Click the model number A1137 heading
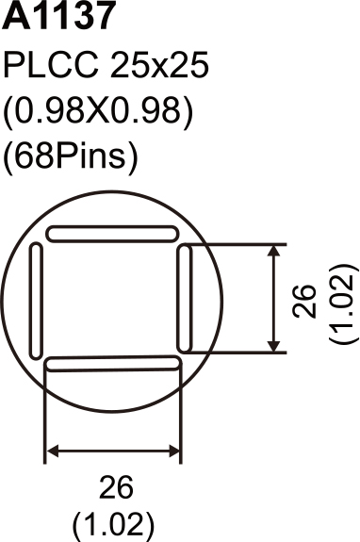[x=58, y=15]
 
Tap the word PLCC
[x=51, y=65]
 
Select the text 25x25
[x=159, y=65]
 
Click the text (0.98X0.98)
[x=97, y=111]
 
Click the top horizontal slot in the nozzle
[x=113, y=234]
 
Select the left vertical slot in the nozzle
[x=36, y=301]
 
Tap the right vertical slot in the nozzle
[x=184, y=299]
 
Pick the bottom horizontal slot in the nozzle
[x=113, y=364]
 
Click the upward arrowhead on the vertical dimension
[x=274, y=251]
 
